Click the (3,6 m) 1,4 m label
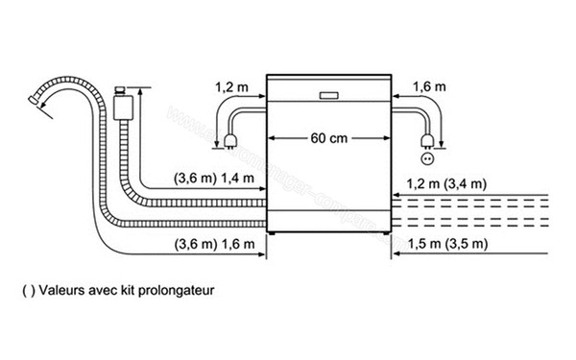point(213,179)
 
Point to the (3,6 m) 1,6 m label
point(213,245)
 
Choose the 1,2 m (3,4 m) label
point(445,183)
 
